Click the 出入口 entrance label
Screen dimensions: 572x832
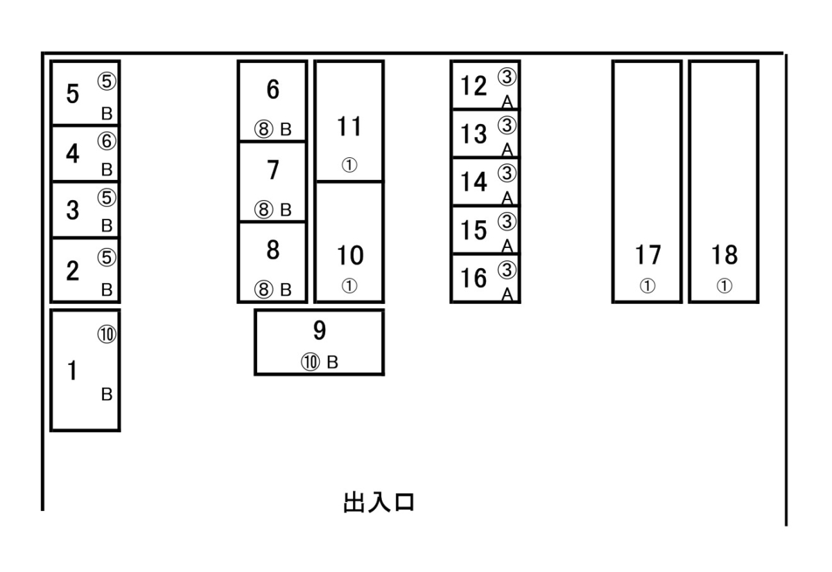click(x=379, y=502)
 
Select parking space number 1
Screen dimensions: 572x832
click(x=85, y=370)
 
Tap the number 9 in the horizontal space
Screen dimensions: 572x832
click(x=319, y=331)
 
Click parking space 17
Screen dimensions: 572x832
click(x=647, y=182)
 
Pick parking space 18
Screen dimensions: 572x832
click(x=723, y=182)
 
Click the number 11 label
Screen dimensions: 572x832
click(x=349, y=127)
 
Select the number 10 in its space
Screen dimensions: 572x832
click(x=349, y=256)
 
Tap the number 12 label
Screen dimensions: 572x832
click(x=474, y=87)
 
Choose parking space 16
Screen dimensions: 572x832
click(x=485, y=278)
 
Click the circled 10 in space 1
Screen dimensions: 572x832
click(x=107, y=334)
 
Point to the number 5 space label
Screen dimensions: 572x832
click(x=72, y=93)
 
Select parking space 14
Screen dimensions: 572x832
click(x=485, y=181)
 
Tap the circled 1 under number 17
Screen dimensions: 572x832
click(x=648, y=287)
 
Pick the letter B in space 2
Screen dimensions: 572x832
click(x=107, y=290)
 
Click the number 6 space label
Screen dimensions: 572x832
click(x=272, y=89)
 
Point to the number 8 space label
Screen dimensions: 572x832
click(x=272, y=251)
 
